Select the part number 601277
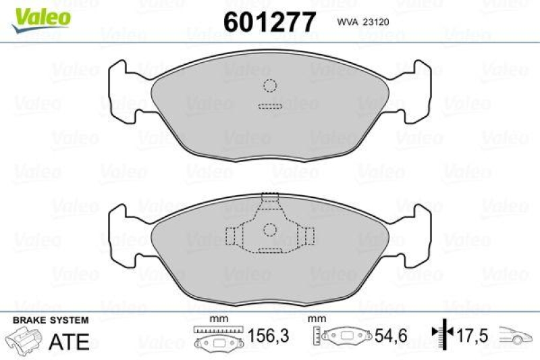pos(269,22)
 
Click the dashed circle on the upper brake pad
pos(270,86)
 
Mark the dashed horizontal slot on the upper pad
pos(269,106)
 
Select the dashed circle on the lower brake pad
pos(270,229)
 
